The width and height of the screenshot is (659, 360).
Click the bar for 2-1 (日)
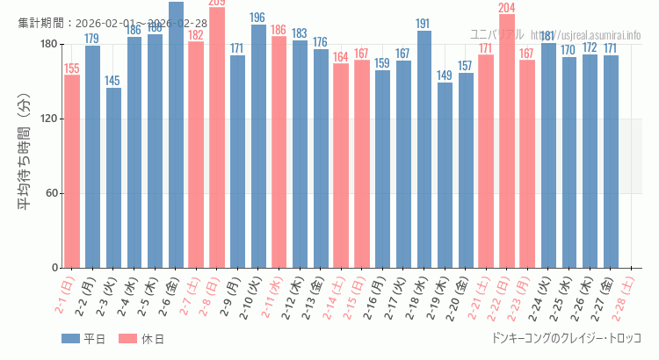pyautogui.click(x=72, y=171)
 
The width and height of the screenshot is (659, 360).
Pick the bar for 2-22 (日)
pyautogui.click(x=507, y=140)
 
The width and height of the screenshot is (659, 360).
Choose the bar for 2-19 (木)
pyautogui.click(x=445, y=175)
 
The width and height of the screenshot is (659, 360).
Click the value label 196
pyautogui.click(x=257, y=18)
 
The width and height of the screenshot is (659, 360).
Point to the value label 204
pyautogui.click(x=507, y=8)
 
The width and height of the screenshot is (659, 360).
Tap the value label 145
pyautogui.click(x=113, y=81)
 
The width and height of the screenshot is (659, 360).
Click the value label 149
pyautogui.click(x=445, y=76)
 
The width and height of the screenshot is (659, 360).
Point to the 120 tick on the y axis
pyautogui.click(x=48, y=119)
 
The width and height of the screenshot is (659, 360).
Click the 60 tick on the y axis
pyautogui.click(x=51, y=193)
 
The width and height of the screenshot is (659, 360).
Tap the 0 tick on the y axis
pyautogui.click(x=54, y=268)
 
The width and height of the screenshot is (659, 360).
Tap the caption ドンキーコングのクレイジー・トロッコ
pyautogui.click(x=567, y=338)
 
